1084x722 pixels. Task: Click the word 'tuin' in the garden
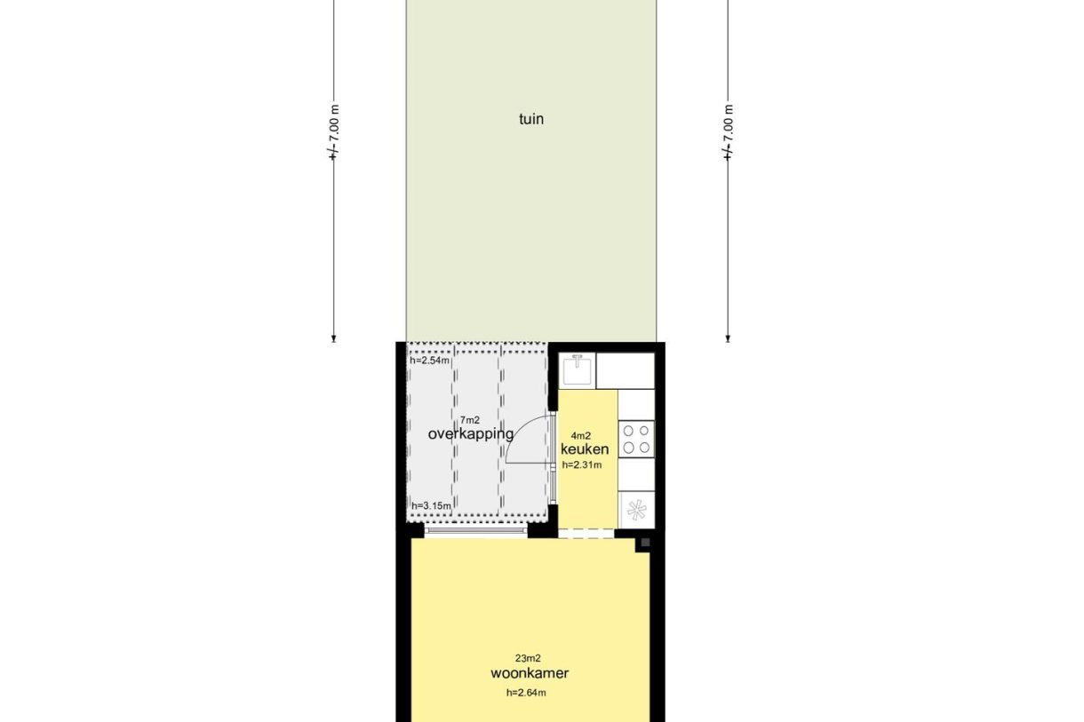click(531, 119)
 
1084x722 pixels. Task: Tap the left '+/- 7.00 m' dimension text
click(334, 133)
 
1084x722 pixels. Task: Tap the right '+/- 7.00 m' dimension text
click(729, 133)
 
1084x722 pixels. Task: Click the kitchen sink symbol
click(578, 369)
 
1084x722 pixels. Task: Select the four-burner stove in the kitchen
click(636, 439)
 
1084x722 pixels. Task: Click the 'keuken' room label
click(584, 449)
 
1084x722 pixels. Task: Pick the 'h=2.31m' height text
click(582, 464)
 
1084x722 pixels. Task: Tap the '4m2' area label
click(581, 435)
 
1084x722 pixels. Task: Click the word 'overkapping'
click(471, 434)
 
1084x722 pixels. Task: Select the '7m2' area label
click(469, 420)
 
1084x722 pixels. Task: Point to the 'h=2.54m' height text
click(430, 361)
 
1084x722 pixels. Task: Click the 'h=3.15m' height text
click(431, 506)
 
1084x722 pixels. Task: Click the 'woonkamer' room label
click(530, 673)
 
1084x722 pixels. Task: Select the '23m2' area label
click(528, 658)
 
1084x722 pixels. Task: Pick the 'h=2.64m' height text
click(526, 693)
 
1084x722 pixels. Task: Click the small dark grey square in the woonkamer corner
click(645, 543)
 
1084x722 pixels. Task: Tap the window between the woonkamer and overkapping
click(476, 533)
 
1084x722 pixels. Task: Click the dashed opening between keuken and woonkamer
click(586, 534)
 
